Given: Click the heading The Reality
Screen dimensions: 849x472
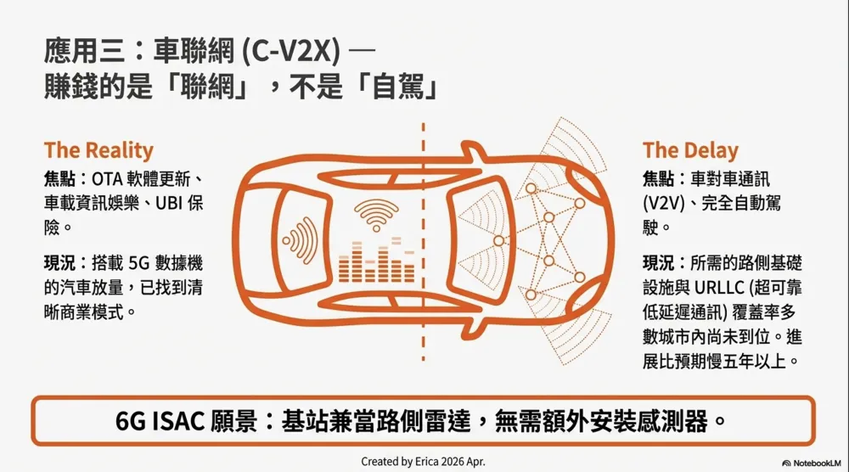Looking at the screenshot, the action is click(x=98, y=150).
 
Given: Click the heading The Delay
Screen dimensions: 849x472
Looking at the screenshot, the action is click(x=690, y=150).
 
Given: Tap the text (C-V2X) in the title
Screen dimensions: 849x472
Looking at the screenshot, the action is click(x=290, y=52).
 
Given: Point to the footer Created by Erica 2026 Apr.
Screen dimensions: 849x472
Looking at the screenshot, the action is click(x=423, y=462).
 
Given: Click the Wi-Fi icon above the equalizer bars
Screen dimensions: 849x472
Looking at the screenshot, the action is click(x=376, y=214).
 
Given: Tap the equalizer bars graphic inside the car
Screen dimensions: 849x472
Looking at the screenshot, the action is click(x=376, y=261).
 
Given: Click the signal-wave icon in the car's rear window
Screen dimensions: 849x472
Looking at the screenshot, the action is click(x=300, y=240).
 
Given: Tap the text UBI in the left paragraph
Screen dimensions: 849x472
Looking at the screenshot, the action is click(x=168, y=204).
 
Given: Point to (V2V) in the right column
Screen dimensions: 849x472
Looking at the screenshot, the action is click(x=664, y=204).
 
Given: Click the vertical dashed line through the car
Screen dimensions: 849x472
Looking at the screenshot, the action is click(x=423, y=242).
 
